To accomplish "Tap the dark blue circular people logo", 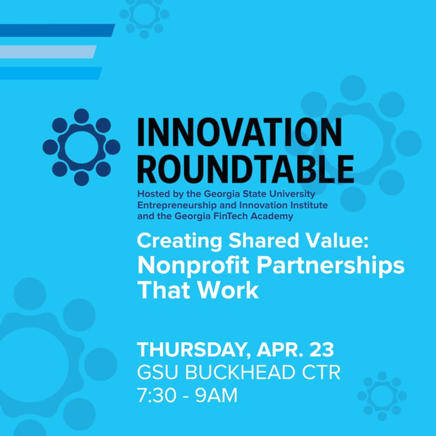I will click(81, 147).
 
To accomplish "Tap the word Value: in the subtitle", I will click(294, 240).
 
